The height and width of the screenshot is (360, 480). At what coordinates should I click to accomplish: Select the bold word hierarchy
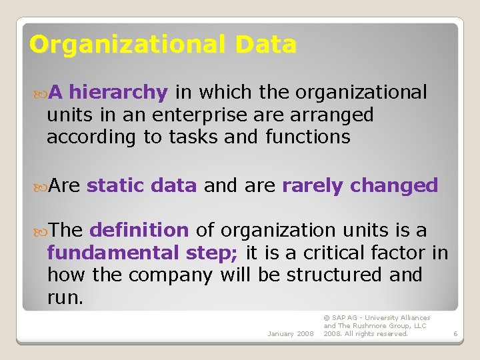coord(118,92)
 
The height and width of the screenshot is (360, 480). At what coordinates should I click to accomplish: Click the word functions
coord(307,137)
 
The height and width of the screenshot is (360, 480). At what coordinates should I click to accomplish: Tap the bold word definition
coord(139,231)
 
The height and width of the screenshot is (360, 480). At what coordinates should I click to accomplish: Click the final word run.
coord(65,297)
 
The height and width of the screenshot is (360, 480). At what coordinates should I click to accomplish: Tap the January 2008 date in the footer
coord(290,333)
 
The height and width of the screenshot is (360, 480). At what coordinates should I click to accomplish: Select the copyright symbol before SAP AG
coord(327,318)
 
